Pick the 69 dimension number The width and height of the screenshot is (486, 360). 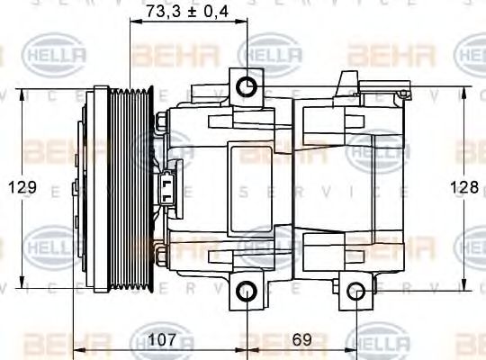[303, 341]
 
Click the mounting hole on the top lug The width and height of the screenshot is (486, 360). [247, 87]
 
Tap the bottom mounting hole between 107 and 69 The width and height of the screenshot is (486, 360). [247, 290]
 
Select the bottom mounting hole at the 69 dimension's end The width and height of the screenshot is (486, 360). [356, 290]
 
